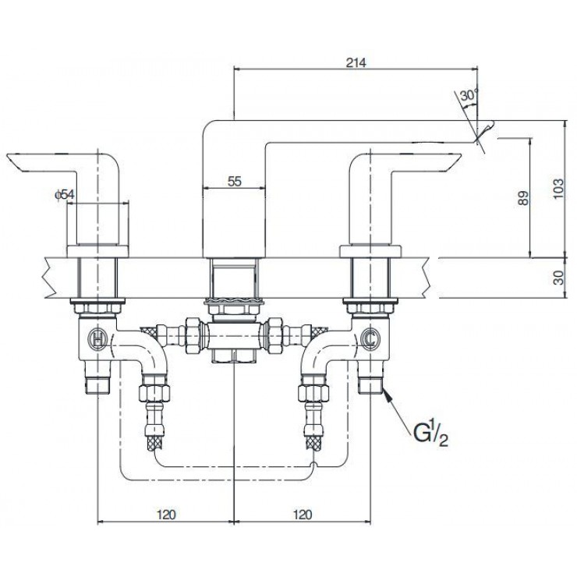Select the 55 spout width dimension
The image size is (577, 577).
coord(235,180)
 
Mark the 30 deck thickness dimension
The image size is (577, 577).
coord(556,277)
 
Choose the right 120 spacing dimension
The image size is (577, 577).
coord(303,515)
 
